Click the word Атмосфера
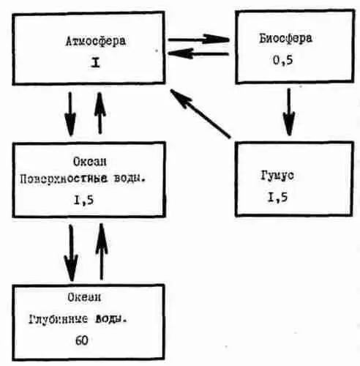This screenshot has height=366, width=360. (x=96, y=41)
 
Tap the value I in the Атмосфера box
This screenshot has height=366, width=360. (x=95, y=63)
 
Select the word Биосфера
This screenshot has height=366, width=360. (x=285, y=39)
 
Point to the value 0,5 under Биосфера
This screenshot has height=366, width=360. (x=282, y=60)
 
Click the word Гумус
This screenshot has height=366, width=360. (x=277, y=176)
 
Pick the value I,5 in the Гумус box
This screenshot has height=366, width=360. (x=277, y=197)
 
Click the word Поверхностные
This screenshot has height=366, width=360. (x=64, y=179)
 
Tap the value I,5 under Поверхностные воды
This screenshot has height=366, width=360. (x=83, y=201)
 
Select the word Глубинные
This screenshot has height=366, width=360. (x=59, y=319)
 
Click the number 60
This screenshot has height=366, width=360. (x=82, y=340)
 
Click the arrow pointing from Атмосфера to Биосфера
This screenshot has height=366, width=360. (x=199, y=40)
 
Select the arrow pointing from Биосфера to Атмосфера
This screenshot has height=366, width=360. (x=198, y=53)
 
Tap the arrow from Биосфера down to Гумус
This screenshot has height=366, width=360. (x=289, y=112)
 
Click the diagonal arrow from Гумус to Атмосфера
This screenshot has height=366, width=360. (x=200, y=113)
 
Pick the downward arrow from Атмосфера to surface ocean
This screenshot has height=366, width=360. (x=70, y=114)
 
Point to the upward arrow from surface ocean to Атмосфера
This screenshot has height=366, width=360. (x=100, y=113)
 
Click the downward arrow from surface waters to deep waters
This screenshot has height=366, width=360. (x=71, y=253)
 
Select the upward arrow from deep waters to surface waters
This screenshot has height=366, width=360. (x=102, y=252)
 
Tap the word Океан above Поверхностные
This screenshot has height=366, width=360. (x=90, y=162)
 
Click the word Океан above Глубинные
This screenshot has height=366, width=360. (x=84, y=297)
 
